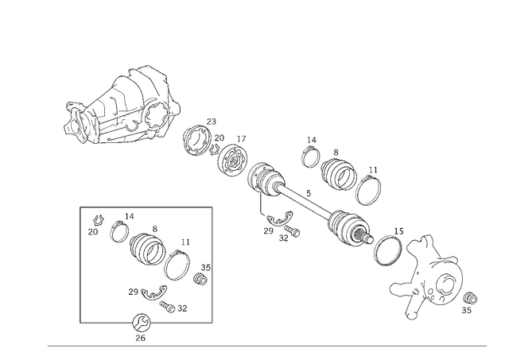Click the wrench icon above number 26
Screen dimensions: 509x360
tap(142, 323)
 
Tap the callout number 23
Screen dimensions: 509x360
tap(212, 122)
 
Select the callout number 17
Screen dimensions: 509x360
tap(241, 139)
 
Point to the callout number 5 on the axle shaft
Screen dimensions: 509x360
tap(309, 193)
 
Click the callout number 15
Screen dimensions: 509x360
tap(398, 231)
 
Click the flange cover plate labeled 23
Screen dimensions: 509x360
tap(196, 140)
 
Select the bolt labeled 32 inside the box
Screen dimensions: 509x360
tap(167, 307)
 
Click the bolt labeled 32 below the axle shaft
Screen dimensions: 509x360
tap(292, 231)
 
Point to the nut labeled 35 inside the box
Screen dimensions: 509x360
tap(200, 279)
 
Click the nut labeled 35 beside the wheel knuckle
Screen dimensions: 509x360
tap(470, 297)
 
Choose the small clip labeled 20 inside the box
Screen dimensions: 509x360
tap(98, 221)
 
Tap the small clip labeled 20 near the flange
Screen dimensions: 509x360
tap(214, 149)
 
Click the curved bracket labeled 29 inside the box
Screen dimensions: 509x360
tap(153, 293)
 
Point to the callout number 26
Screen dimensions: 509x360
tap(140, 338)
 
